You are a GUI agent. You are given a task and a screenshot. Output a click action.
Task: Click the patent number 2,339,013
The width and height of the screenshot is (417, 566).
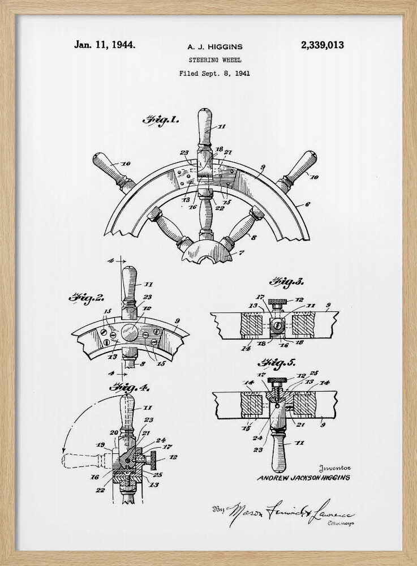[322, 45]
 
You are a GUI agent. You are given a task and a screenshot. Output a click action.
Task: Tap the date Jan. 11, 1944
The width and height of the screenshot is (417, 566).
[105, 44]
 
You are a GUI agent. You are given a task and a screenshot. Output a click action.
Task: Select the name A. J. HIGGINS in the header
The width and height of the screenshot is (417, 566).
[215, 48]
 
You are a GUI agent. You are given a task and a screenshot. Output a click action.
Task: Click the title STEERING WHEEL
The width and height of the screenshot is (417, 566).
[215, 60]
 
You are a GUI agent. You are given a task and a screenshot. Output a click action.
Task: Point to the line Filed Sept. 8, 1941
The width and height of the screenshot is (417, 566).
[214, 73]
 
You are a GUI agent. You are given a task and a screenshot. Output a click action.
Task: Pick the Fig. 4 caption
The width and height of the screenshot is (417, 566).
[128, 388]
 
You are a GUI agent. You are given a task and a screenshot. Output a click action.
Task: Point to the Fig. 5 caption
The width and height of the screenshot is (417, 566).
[277, 363]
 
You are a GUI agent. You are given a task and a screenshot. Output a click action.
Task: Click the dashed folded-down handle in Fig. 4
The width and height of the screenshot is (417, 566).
[85, 460]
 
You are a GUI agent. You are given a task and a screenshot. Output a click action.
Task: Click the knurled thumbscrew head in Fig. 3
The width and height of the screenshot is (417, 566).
[278, 301]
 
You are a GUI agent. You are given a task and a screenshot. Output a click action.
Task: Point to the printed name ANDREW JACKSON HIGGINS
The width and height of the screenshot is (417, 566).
[303, 478]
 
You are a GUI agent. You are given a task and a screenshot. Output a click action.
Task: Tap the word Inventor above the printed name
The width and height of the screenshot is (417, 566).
[335, 468]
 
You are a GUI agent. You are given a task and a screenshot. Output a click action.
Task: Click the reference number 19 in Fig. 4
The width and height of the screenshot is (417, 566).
[101, 445]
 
